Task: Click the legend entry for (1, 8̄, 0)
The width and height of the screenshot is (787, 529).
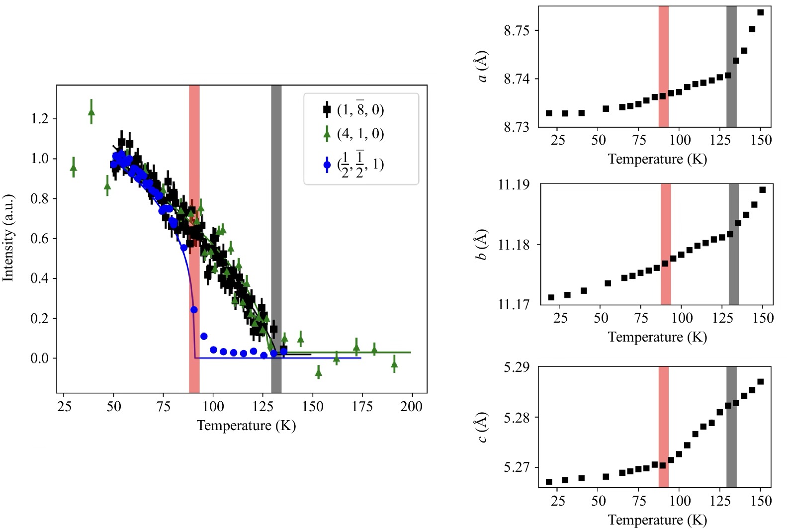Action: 354,109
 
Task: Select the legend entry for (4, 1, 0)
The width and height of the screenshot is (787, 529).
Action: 354,134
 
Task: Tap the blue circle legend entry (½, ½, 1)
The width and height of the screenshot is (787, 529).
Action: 354,165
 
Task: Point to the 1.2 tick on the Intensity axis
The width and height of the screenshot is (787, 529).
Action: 40,119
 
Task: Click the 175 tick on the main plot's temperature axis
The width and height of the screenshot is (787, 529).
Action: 362,406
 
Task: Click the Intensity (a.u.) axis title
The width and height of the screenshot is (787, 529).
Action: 8,238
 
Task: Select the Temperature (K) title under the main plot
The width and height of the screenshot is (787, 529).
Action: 246,426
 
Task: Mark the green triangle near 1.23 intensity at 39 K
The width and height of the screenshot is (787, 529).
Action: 91,112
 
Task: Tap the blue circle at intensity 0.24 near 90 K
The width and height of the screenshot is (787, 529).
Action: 194,310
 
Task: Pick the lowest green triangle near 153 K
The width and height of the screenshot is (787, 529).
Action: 319,371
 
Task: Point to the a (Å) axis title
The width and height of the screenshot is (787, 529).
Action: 482,67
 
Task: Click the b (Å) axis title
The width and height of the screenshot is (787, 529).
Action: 481,245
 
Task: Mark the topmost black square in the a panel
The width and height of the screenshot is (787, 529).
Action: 760,12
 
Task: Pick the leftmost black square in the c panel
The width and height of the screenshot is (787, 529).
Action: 549,482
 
